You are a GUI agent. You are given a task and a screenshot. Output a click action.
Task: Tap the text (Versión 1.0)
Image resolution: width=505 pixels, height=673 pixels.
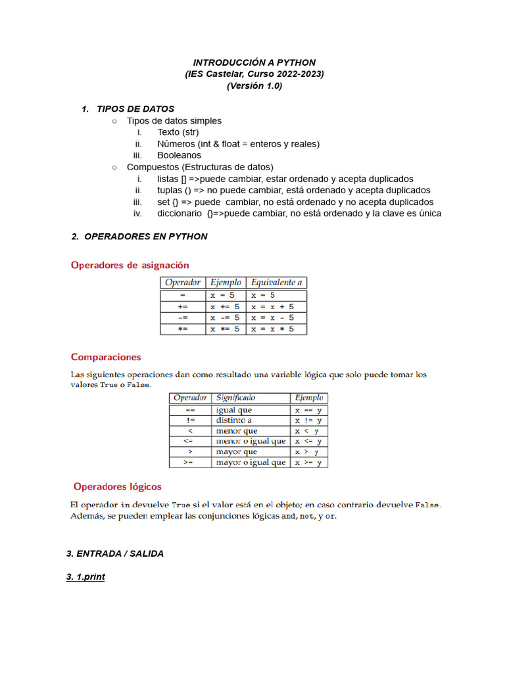(254, 86)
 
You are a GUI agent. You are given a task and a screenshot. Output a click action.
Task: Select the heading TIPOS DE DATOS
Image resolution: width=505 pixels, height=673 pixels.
(135, 108)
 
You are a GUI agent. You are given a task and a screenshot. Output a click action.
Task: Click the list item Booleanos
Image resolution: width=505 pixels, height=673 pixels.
(179, 156)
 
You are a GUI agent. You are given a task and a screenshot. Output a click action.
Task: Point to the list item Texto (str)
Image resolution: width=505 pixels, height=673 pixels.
(178, 132)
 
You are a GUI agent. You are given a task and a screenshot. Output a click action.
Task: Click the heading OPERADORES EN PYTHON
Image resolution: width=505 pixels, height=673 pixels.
(145, 237)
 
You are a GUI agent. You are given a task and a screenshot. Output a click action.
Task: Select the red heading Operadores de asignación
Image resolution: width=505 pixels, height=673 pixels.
(130, 265)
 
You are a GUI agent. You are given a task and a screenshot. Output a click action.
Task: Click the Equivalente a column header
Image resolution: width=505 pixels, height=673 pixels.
(277, 283)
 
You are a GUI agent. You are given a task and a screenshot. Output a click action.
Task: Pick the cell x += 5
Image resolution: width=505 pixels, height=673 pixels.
(226, 306)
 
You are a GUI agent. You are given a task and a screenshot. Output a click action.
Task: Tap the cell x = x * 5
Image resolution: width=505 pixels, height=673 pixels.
(272, 329)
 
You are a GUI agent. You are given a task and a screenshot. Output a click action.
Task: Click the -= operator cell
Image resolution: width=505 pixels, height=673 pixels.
(183, 317)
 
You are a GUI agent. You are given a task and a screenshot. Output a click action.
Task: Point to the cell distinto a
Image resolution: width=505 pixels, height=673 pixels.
(234, 420)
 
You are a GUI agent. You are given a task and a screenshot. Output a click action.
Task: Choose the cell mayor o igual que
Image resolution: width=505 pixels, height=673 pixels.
(251, 462)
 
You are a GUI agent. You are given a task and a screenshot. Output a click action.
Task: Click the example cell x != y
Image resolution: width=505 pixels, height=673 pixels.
(308, 420)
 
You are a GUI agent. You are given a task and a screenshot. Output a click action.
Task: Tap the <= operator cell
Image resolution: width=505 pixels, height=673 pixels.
(189, 441)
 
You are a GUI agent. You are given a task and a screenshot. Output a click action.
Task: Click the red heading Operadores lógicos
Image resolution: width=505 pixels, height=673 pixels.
(117, 486)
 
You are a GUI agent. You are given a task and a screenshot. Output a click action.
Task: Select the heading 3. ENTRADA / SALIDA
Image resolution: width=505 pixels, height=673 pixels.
(115, 553)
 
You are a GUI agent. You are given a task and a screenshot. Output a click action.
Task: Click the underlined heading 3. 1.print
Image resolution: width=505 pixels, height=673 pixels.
(85, 577)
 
